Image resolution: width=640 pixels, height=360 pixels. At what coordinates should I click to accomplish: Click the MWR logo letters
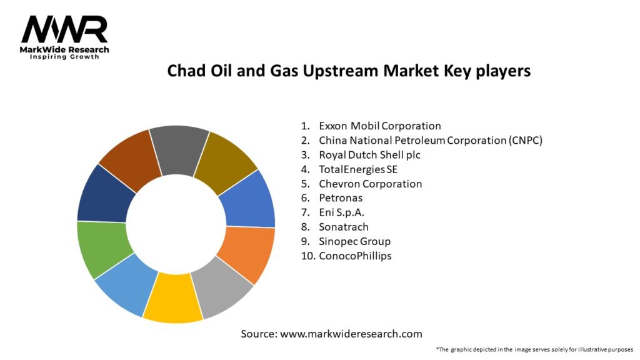(x=64, y=29)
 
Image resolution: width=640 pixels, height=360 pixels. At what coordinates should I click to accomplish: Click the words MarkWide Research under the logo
(x=65, y=49)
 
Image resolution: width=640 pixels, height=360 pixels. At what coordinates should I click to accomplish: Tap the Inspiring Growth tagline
(x=65, y=57)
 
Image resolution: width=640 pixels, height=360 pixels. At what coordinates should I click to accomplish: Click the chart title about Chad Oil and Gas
(x=349, y=71)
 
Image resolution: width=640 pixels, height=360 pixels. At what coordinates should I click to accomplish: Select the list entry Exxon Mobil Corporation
(x=379, y=126)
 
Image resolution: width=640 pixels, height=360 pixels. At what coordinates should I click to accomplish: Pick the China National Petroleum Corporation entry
(x=430, y=140)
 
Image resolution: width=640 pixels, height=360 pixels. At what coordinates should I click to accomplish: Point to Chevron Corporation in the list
(x=370, y=184)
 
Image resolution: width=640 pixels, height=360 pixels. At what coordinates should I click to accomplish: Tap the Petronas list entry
(x=341, y=198)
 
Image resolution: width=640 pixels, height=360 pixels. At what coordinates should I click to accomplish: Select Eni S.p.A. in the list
(x=342, y=212)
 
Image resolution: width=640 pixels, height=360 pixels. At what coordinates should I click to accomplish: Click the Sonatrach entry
(x=344, y=227)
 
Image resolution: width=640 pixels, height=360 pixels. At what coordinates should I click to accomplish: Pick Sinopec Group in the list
(x=354, y=241)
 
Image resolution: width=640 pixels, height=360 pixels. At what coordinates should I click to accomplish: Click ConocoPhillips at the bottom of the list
(x=355, y=256)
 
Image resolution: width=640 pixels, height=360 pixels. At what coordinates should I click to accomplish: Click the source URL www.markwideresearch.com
(x=351, y=334)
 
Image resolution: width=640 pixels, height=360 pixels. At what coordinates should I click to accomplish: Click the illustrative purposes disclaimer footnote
(x=534, y=349)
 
